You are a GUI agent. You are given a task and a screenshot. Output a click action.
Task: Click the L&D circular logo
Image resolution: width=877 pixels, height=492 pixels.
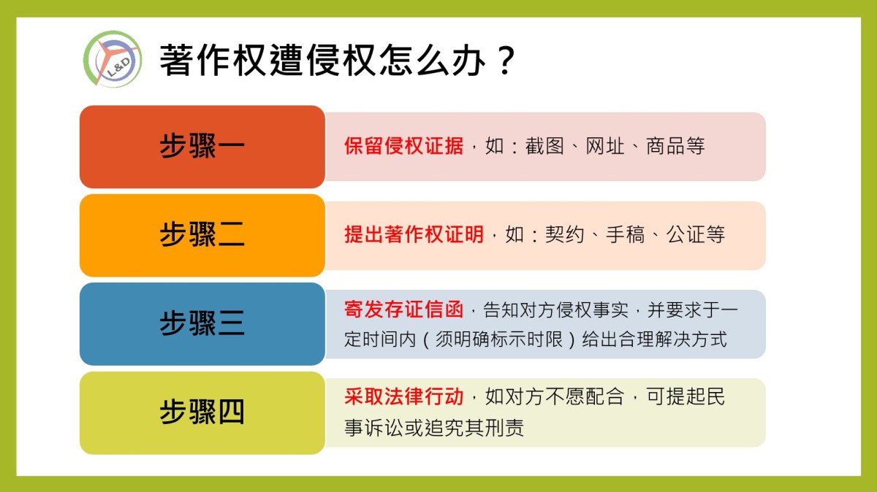click(113, 59)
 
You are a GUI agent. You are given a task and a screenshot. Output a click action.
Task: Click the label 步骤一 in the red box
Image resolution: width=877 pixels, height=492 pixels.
click(202, 146)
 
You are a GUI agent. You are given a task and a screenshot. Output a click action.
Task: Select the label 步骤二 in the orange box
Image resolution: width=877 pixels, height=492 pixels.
click(202, 234)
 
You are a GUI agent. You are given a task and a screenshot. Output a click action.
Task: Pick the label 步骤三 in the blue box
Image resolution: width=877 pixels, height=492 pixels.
click(202, 323)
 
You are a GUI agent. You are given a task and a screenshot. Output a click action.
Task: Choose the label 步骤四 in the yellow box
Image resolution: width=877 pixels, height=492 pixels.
click(202, 412)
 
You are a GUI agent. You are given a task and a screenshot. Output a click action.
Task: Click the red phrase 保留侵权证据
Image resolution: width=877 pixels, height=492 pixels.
click(403, 146)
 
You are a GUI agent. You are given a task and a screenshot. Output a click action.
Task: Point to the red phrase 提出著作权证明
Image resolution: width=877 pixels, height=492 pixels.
click(414, 234)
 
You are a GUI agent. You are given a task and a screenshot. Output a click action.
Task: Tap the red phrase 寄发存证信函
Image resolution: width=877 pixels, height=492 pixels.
click(403, 310)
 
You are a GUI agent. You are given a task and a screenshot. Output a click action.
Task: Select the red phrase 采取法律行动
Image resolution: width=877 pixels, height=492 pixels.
click(403, 396)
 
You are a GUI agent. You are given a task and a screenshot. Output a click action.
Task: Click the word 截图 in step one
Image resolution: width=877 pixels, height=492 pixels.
click(544, 146)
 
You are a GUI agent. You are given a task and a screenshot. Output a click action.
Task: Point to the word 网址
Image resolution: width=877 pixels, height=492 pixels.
click(605, 146)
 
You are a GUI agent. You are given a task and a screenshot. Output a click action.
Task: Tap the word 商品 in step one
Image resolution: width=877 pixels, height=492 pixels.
click(665, 146)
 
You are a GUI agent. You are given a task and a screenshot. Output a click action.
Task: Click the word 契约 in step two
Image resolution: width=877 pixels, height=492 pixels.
click(564, 234)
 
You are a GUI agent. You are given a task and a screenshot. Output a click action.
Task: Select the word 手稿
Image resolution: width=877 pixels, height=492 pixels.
click(626, 234)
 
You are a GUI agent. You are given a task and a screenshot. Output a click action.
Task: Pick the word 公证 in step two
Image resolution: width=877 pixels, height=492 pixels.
click(686, 234)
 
